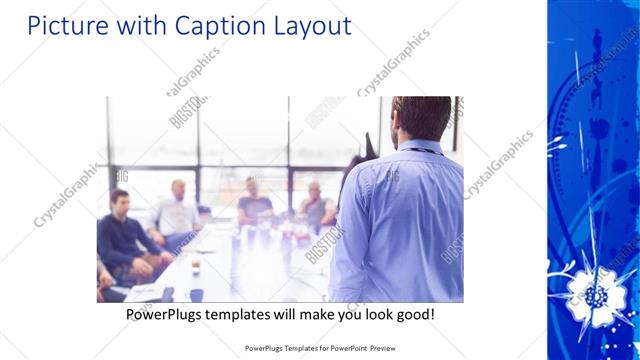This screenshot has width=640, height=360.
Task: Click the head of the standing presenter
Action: [x=422, y=118]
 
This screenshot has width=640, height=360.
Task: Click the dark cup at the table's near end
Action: [x=196, y=294]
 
